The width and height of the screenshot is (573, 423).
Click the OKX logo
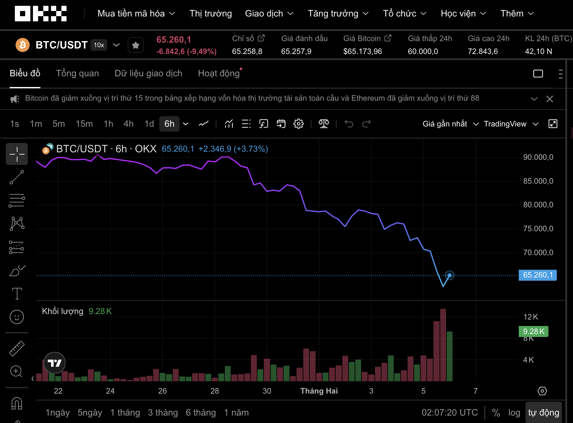point(41,14)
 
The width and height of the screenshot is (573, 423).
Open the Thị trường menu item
point(211,14)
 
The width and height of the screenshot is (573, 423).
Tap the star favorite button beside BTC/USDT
point(136,45)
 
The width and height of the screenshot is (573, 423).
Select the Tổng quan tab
point(78,73)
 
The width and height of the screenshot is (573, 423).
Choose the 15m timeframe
point(84,124)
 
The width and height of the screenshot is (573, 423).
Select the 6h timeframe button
point(169,124)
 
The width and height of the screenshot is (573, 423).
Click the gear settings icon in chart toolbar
point(298,124)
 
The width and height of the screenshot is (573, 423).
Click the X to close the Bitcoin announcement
point(550,99)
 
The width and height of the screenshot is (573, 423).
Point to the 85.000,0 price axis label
point(538,181)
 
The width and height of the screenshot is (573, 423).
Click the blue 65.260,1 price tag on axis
point(537,275)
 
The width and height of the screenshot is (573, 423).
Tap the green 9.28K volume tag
point(533,331)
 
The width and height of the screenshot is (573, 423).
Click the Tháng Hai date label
point(319,391)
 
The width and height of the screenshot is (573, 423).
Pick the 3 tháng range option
point(163,413)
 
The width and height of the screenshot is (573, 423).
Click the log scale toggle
point(514,413)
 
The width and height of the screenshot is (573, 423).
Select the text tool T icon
point(17,294)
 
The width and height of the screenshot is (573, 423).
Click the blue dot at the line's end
point(449,275)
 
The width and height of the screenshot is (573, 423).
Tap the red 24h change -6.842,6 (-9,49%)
point(186,51)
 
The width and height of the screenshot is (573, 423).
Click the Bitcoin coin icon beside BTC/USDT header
point(23,45)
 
